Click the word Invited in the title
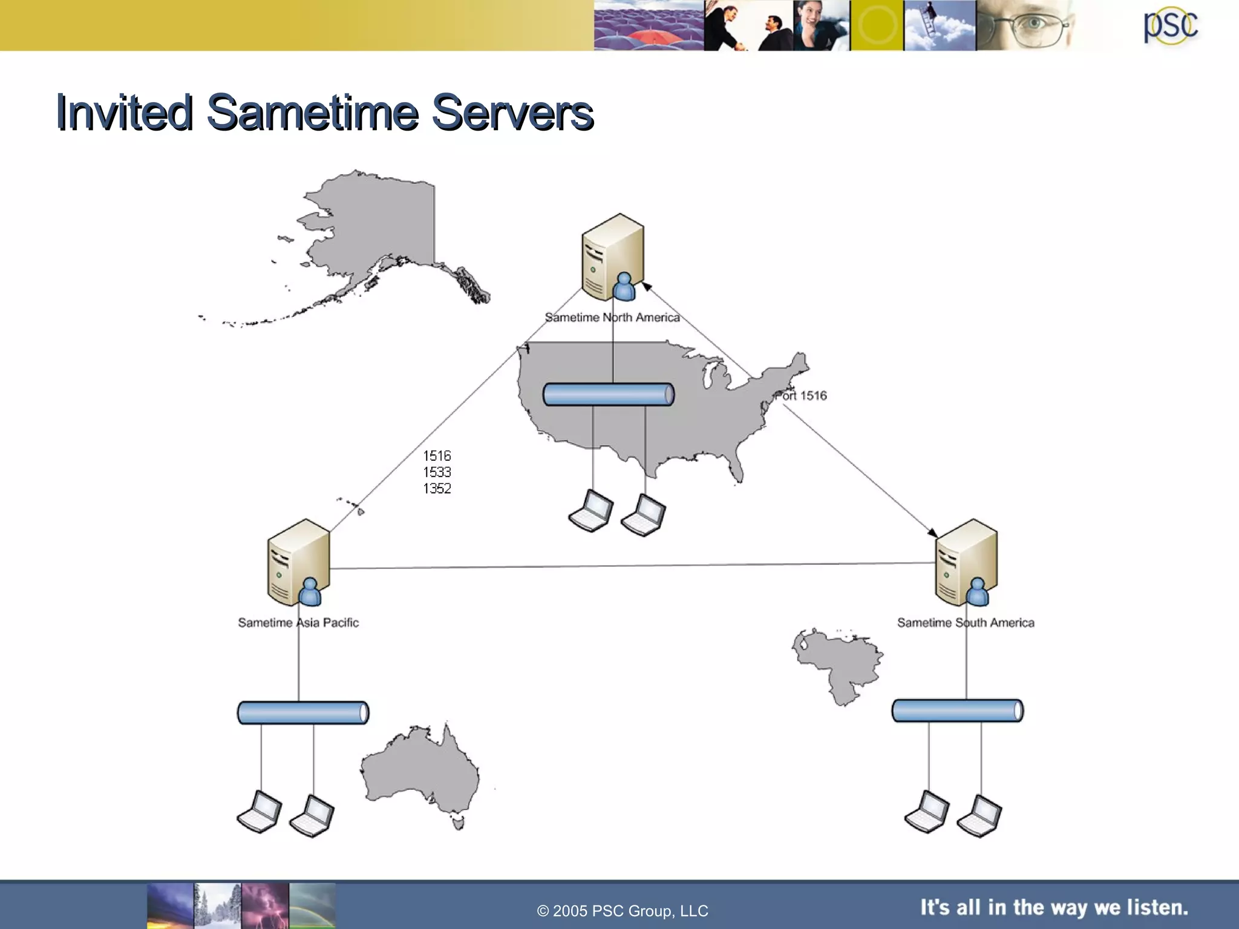coord(124,112)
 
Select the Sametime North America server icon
coord(612,257)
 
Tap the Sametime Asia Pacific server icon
coord(298,562)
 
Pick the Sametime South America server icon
coord(966,562)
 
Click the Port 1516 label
coord(801,396)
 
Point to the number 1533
coord(437,472)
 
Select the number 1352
coord(437,489)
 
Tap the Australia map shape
coord(420,774)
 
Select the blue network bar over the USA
coord(608,395)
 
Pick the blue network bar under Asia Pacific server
coord(302,713)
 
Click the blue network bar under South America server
coord(957,711)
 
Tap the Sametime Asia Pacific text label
coord(298,623)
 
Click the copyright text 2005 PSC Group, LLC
coord(623,911)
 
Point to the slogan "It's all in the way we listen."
coord(1054,907)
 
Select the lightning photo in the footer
coord(265,905)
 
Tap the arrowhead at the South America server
coord(933,533)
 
